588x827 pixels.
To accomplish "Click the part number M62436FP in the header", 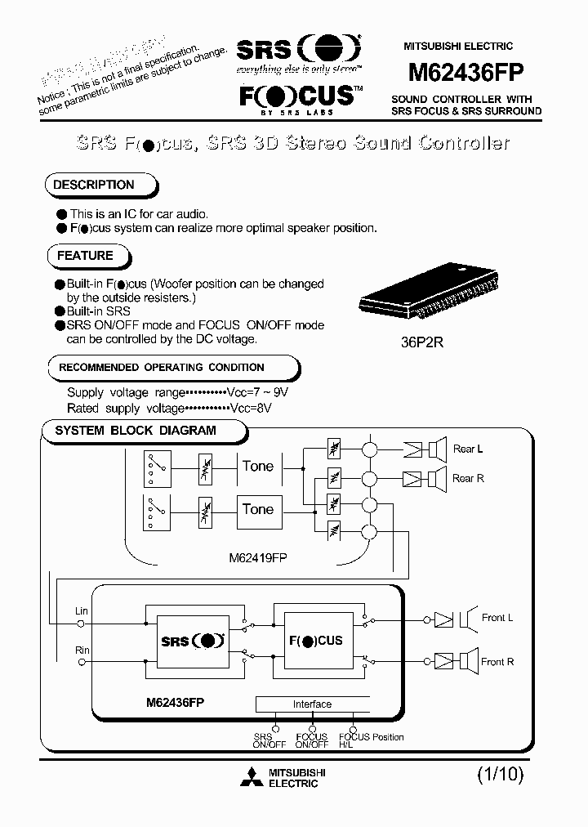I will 465,72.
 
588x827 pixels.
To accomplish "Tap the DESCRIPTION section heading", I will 94,186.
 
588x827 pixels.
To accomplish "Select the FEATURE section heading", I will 85,256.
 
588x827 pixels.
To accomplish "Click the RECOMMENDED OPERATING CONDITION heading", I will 161,368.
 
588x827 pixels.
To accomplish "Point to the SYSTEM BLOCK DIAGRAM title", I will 136,430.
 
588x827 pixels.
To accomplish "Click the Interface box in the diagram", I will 312,704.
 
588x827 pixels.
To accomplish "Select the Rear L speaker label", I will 469,449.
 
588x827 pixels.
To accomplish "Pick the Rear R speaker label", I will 469,478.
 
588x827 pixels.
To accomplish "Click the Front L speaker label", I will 497,618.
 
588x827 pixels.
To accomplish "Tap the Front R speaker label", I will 497,662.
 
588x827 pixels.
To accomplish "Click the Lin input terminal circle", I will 82,624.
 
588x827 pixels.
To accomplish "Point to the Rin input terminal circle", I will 82,663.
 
